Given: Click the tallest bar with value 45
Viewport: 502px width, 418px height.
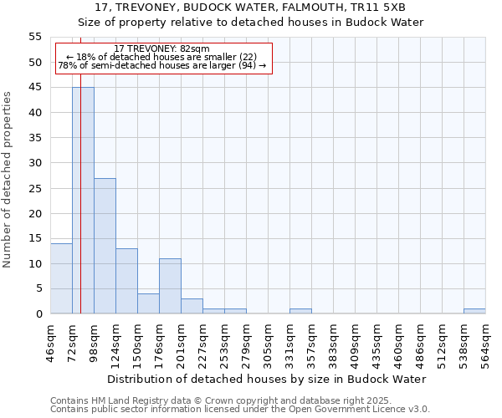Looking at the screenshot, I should click(x=83, y=201).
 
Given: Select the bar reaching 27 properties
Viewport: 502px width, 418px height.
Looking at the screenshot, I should click(x=105, y=246).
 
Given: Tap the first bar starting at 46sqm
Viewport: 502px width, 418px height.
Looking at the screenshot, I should click(x=61, y=278).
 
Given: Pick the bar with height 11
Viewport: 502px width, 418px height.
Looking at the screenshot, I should click(x=170, y=286).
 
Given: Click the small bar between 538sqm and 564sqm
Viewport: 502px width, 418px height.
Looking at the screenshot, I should click(x=474, y=311).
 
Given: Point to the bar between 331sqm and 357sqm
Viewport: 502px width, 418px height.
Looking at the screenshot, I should click(x=300, y=311).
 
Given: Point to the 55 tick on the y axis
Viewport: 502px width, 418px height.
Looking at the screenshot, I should click(x=35, y=37).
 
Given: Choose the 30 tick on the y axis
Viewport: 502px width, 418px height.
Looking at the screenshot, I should click(x=35, y=163).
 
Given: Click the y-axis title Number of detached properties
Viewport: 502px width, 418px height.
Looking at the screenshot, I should click(x=8, y=180).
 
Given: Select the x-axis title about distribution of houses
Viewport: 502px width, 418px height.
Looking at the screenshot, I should click(x=267, y=379).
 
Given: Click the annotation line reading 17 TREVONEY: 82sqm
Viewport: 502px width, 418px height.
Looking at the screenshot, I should click(x=162, y=49).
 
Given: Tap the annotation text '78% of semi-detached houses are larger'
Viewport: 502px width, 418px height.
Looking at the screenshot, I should click(x=162, y=65).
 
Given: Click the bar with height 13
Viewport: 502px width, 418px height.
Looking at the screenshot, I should click(x=126, y=281).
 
